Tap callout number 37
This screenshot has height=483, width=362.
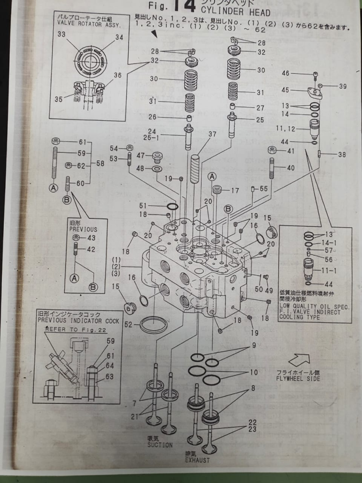pos(212,134)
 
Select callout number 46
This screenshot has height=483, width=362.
pos(298,74)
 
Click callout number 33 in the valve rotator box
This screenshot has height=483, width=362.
pos(62,34)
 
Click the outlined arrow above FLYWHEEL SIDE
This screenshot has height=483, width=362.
pos(299,360)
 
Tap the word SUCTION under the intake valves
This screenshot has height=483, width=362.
pos(160,445)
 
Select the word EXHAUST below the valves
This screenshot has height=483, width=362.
pos(197,460)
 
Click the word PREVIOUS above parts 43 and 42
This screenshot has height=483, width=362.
pos(83,229)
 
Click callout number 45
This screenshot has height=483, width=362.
pos(298,90)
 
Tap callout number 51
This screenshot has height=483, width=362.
pos(156,205)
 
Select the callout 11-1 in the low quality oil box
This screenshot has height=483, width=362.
pos(332,271)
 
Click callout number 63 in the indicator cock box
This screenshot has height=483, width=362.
pos(109,376)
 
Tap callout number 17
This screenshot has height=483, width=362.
pos(235,191)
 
